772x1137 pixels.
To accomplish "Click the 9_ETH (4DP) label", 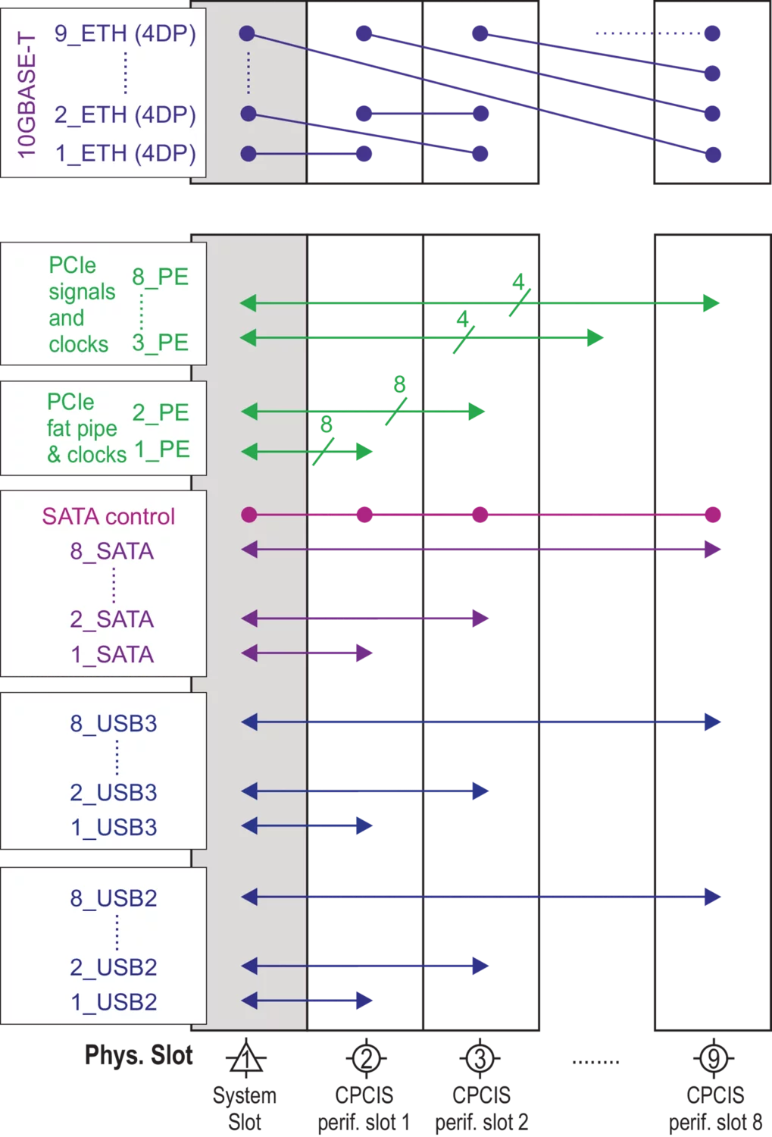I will [125, 34].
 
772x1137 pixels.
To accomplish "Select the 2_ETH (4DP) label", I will [125, 114].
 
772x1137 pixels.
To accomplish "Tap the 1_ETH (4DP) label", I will [125, 154].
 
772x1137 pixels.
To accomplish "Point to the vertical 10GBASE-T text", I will [27, 95].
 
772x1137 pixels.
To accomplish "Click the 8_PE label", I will [160, 277].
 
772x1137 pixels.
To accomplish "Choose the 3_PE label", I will [160, 343].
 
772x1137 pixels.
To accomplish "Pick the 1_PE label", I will [162, 449].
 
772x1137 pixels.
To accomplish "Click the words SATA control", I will [108, 517].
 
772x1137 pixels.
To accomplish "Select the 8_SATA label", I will [112, 551].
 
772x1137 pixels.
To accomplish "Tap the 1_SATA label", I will [112, 654].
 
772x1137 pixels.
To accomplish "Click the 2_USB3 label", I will [114, 792].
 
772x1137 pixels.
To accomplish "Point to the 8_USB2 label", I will [114, 898].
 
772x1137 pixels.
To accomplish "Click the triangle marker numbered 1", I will [245, 1059].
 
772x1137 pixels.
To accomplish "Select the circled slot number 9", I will [714, 1058].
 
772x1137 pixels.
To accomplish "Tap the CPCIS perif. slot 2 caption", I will [481, 1108].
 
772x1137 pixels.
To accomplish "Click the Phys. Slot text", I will [139, 1055].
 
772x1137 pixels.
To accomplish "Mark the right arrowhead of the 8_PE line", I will [711, 303].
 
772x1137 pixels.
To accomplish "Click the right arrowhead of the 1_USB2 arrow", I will [364, 1001].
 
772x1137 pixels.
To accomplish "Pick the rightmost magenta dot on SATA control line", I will [712, 515].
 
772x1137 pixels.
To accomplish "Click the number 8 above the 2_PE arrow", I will [399, 384].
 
